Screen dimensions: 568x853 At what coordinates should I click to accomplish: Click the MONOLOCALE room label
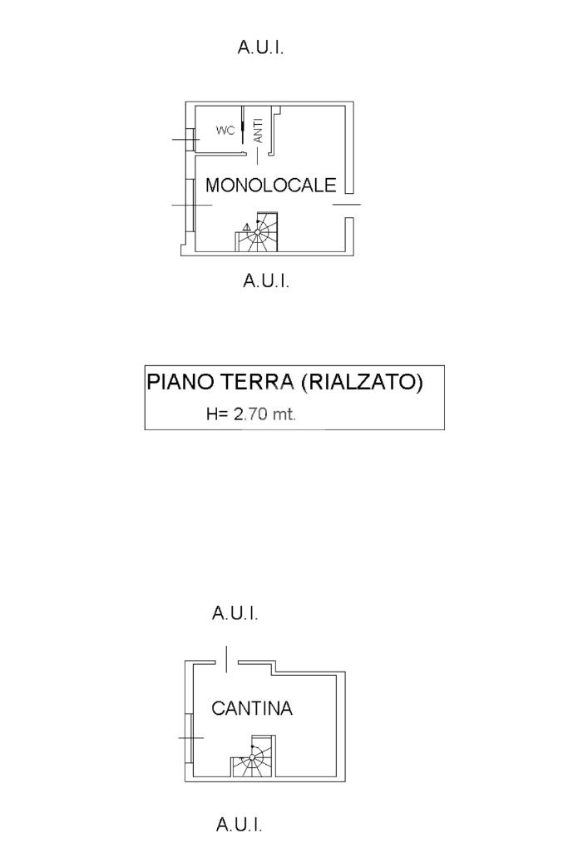click(270, 185)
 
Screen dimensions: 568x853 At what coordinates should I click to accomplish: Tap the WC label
click(225, 131)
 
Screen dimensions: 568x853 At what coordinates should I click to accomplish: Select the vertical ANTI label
click(259, 131)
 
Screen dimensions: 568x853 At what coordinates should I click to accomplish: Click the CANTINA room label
click(252, 709)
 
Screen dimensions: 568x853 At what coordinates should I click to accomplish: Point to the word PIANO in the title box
click(178, 382)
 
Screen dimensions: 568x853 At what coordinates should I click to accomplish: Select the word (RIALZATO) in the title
click(362, 382)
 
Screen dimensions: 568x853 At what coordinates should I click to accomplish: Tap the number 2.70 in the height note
click(250, 414)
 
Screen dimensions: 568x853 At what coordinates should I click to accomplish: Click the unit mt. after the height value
click(284, 414)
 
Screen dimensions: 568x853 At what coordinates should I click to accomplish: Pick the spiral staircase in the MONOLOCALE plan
click(261, 234)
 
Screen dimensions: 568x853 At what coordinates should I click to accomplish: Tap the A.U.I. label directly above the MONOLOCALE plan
click(260, 47)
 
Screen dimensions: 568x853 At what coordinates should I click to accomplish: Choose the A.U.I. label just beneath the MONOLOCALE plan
click(266, 281)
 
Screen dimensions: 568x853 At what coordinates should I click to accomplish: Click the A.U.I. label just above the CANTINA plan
click(235, 614)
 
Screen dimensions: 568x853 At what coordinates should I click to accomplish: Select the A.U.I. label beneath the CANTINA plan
click(240, 826)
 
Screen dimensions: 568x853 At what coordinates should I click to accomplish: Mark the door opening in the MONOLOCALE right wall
click(348, 204)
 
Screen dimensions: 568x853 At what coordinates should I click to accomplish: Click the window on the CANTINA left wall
click(190, 737)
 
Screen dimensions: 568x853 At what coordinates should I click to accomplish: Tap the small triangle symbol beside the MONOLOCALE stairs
click(247, 226)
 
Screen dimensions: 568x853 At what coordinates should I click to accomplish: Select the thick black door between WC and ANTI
click(242, 131)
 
